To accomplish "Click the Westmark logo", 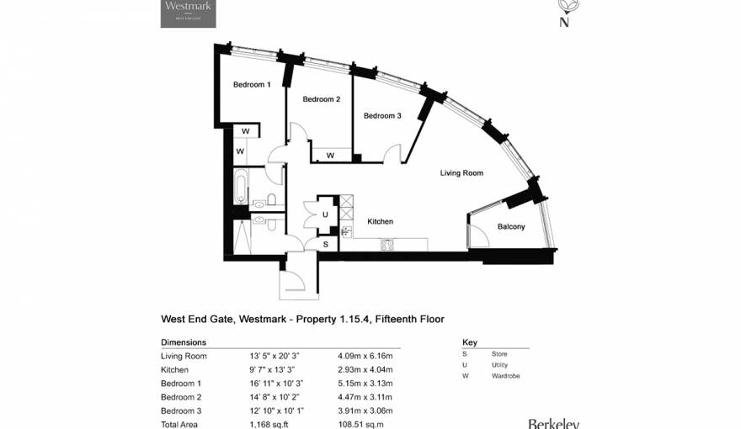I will tap(188, 13).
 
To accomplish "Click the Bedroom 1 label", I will tap(252, 84).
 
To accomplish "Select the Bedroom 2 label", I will tap(321, 99).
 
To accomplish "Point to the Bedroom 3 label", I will tap(382, 115).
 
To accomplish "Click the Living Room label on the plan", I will tap(461, 173).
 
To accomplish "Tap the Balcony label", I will tap(510, 226).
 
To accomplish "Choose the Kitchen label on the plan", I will tap(380, 221).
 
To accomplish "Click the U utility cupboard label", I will tap(325, 214).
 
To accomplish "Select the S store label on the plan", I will tap(325, 244).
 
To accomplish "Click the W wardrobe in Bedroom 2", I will tap(330, 156).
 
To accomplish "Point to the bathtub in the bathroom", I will tap(241, 187).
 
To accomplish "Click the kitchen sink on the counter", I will tap(387, 245).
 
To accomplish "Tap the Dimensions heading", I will tap(183, 342).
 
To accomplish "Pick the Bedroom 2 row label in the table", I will tap(181, 396).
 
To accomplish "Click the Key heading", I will tap(469, 342).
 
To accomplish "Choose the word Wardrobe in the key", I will tap(506, 375).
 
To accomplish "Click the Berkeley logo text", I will tap(553, 423).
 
